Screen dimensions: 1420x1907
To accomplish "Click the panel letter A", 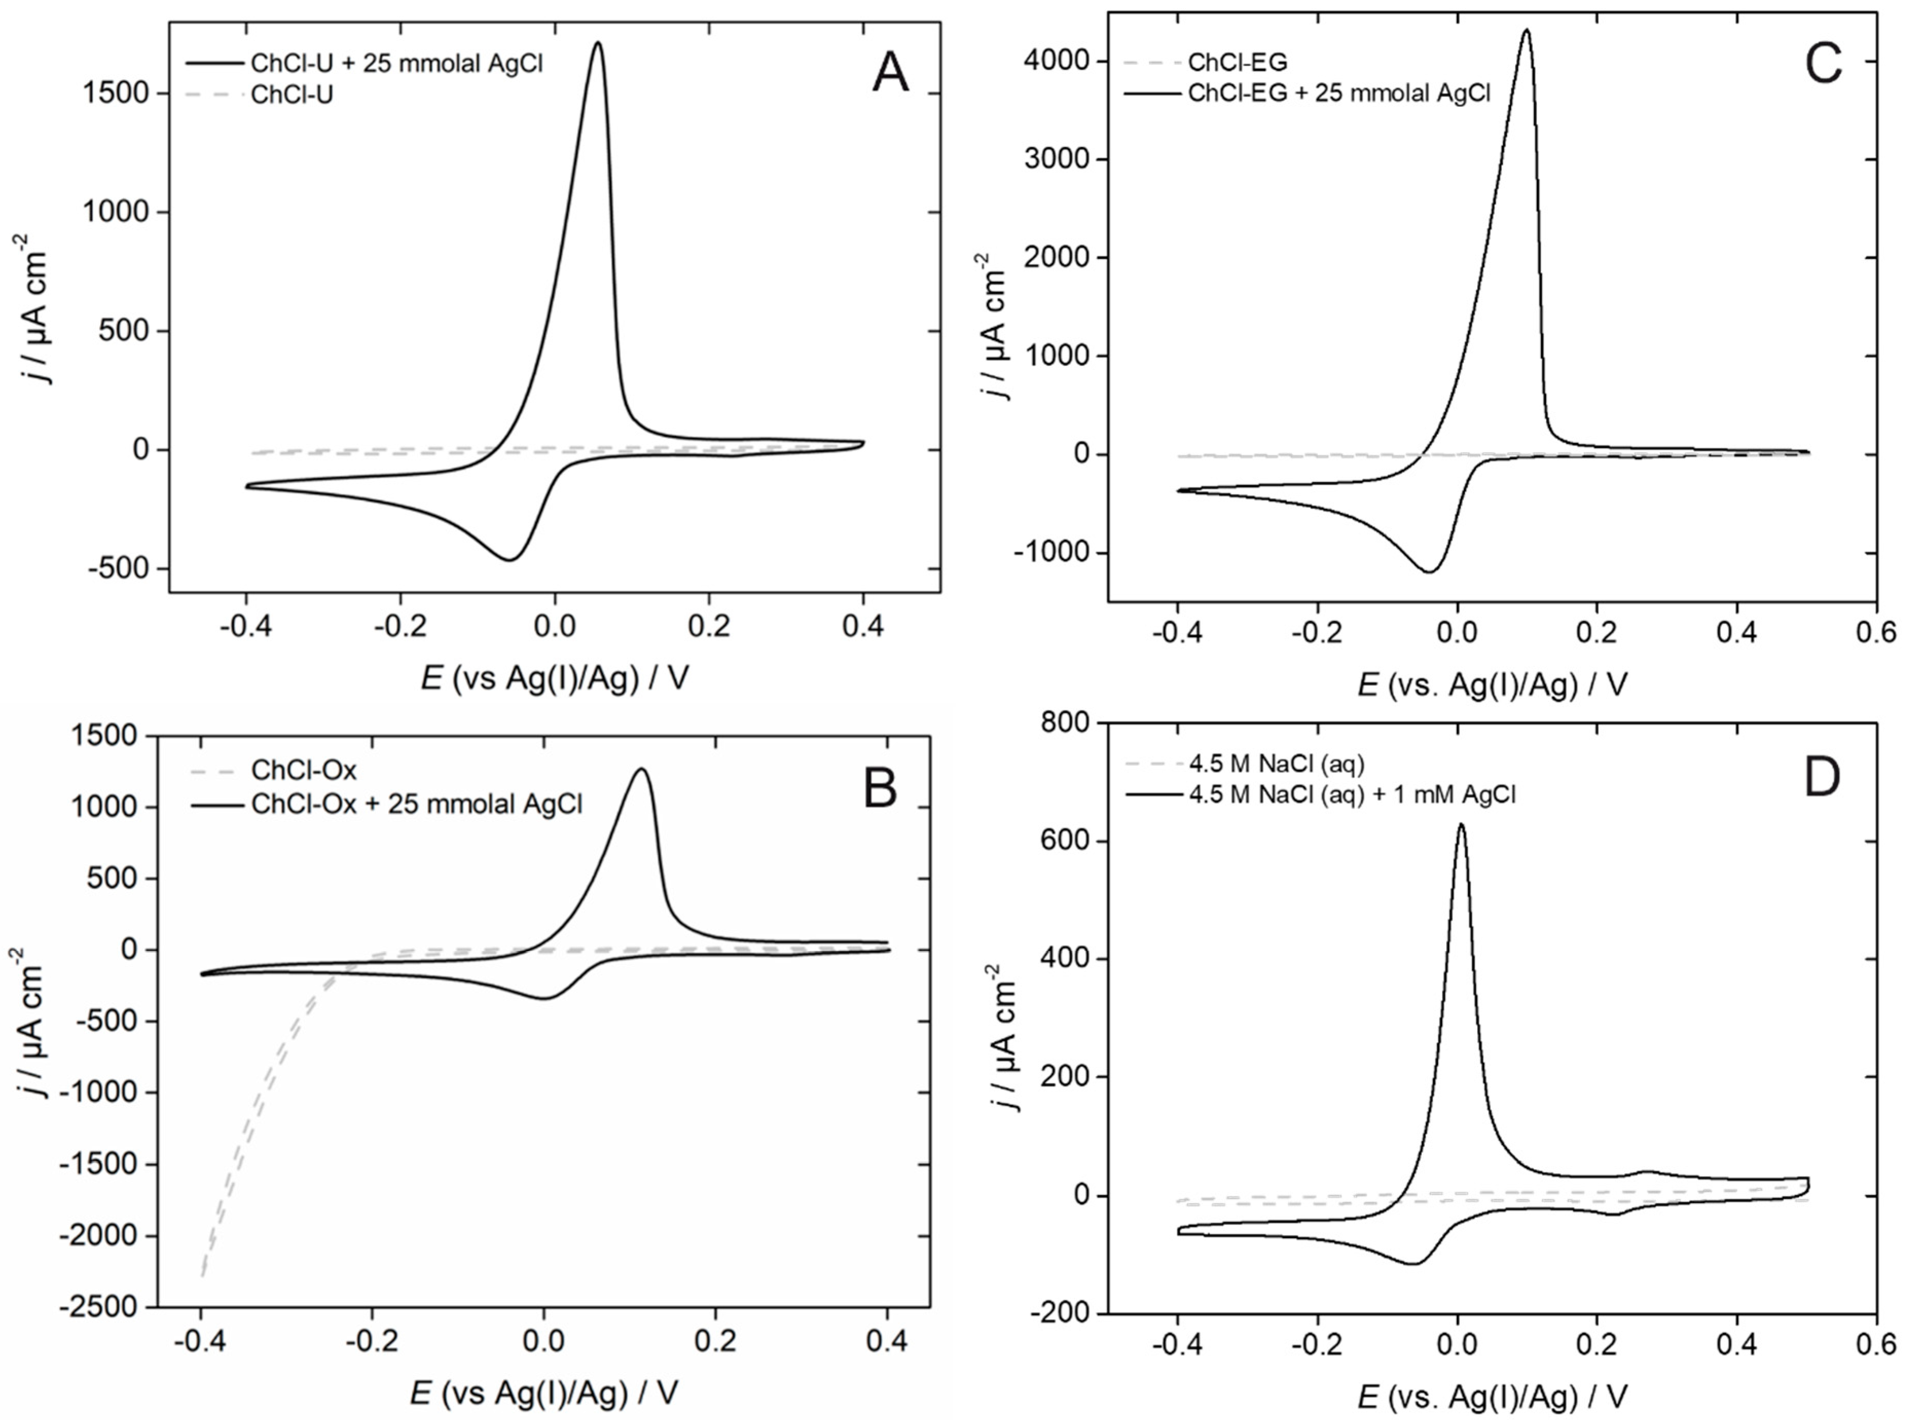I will click(x=889, y=73).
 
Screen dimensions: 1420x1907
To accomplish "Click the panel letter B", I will click(x=879, y=788).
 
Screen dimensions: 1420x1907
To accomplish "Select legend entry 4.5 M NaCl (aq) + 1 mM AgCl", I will click(x=1351, y=794).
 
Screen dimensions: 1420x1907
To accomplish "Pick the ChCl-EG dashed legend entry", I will click(x=1237, y=62).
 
